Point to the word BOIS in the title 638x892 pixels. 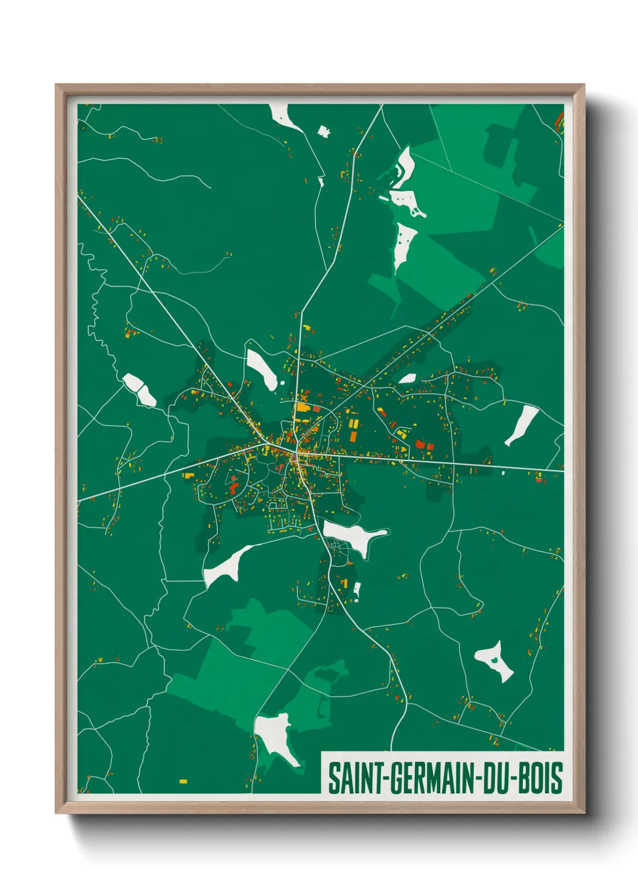click(x=541, y=778)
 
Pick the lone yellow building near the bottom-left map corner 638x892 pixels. click(x=183, y=782)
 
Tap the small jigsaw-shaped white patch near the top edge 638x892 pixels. click(x=324, y=131)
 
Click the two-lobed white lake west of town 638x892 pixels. click(x=140, y=389)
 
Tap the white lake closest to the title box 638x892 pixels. click(x=277, y=737)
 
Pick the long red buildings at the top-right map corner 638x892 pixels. click(x=559, y=121)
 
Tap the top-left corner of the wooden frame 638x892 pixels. click(x=57, y=86)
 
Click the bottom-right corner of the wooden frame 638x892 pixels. click(x=583, y=812)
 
